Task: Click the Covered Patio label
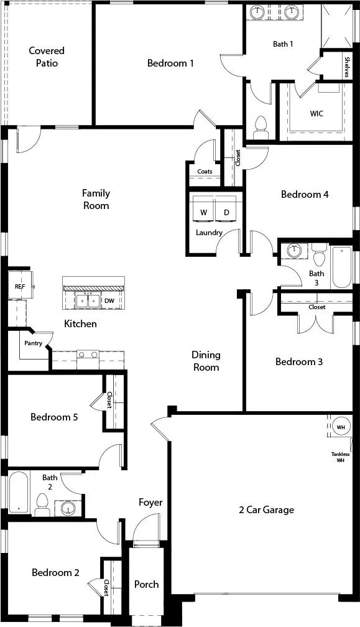coord(47,57)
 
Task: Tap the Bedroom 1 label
coord(170,63)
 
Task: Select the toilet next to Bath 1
coord(260,127)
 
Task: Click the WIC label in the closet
coord(316,114)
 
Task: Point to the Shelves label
coord(347,67)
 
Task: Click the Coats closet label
coord(205,172)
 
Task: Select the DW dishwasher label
coord(109,300)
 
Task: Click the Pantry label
coord(33,343)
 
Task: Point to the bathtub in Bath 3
coord(341,267)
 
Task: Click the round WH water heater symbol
coord(341,427)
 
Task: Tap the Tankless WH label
coord(341,457)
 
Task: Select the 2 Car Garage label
coord(267,510)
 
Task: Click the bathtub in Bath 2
coord(19,493)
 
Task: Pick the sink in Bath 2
coord(68,508)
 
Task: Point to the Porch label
coord(146,584)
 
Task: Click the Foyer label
coord(150,503)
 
